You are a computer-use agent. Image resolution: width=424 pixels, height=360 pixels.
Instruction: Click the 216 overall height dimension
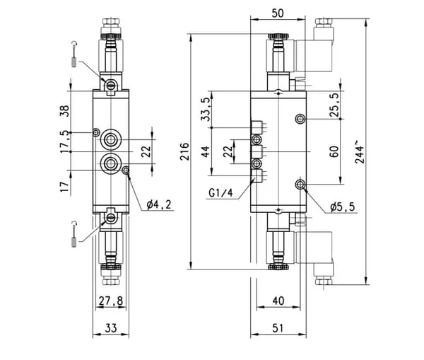(184, 151)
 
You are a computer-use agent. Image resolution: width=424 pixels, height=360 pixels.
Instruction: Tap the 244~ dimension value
(360, 152)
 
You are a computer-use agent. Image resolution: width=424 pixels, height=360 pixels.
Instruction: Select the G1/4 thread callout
(220, 193)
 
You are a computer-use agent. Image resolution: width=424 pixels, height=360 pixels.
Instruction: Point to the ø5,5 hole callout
(342, 207)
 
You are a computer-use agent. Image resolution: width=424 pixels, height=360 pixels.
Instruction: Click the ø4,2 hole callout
(159, 204)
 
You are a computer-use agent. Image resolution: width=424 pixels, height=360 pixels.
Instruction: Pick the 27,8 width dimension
(111, 301)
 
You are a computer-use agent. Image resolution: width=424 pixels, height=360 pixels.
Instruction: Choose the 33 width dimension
(111, 328)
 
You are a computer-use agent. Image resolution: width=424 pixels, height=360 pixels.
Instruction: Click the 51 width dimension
(278, 328)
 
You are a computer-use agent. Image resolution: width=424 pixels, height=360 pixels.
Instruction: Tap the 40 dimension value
(278, 301)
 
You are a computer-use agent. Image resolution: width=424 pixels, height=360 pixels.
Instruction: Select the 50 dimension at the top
(278, 13)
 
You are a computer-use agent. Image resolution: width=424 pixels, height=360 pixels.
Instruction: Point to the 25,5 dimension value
(334, 105)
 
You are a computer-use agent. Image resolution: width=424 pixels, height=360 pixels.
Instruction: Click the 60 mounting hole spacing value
(334, 151)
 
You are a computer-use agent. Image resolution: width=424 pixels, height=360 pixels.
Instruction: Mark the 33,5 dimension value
(206, 109)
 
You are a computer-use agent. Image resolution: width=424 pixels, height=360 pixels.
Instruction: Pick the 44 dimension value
(206, 151)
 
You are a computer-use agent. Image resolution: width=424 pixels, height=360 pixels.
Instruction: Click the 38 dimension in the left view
(64, 111)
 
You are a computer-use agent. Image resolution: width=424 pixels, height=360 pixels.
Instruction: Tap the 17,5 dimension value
(64, 142)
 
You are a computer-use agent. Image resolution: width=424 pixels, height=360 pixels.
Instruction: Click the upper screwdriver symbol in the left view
(73, 54)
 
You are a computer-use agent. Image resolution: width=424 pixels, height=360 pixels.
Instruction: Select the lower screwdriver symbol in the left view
(73, 234)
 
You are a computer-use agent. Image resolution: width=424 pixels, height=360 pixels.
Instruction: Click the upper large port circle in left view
(110, 139)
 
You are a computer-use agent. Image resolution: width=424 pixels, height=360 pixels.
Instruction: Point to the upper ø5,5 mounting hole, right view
(300, 119)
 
